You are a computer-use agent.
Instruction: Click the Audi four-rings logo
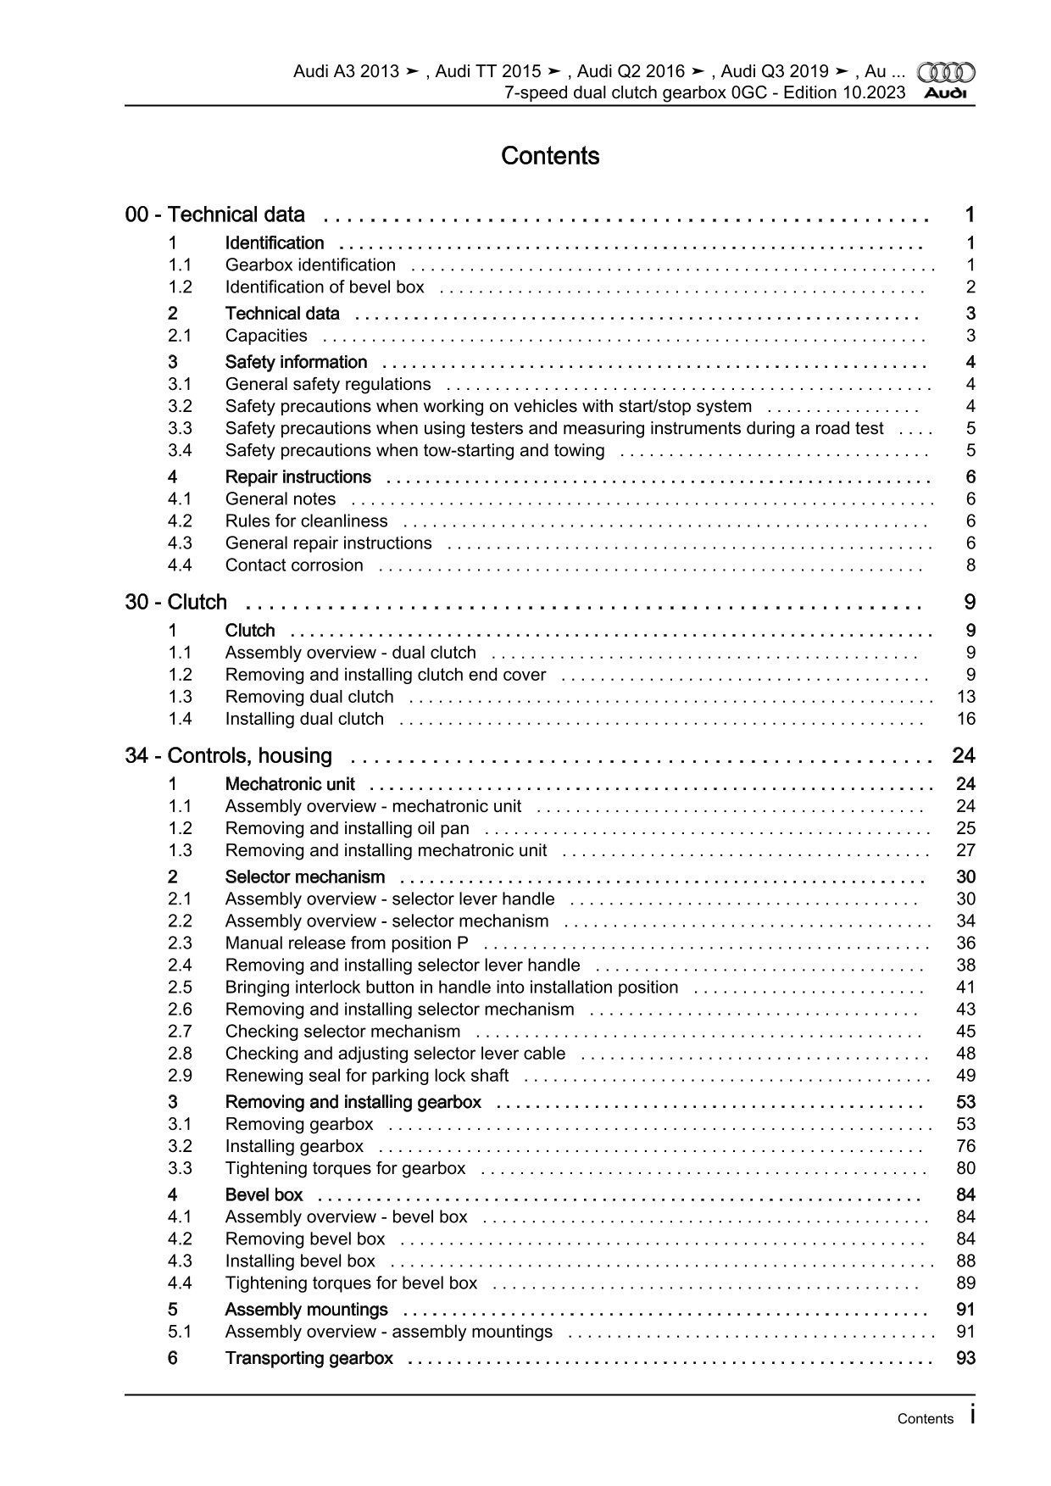pyautogui.click(x=947, y=72)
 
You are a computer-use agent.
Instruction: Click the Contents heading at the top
pyautogui.click(x=550, y=156)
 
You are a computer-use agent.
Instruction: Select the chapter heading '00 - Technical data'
pyautogui.click(x=215, y=214)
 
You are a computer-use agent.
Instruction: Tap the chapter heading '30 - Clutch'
pyautogui.click(x=176, y=602)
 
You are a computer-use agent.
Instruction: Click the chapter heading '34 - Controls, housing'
pyautogui.click(x=229, y=755)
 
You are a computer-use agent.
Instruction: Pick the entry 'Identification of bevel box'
pyautogui.click(x=325, y=287)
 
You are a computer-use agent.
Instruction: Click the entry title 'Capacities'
pyautogui.click(x=266, y=336)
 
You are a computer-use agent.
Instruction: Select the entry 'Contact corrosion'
pyautogui.click(x=294, y=565)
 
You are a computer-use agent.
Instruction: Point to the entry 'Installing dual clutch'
pyautogui.click(x=304, y=719)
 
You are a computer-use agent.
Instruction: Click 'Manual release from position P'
pyautogui.click(x=347, y=943)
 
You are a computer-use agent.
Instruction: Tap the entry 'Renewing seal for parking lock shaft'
pyautogui.click(x=367, y=1076)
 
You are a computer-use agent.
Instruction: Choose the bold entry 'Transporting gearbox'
pyautogui.click(x=309, y=1358)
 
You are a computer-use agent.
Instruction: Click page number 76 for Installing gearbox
pyautogui.click(x=965, y=1146)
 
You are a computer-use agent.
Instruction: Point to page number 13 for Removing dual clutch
pyautogui.click(x=965, y=697)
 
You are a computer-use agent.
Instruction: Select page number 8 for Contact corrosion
pyautogui.click(x=970, y=565)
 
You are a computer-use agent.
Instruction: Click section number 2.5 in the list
pyautogui.click(x=180, y=988)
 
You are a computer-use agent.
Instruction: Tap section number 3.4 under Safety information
pyautogui.click(x=180, y=450)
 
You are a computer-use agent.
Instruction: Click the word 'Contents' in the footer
pyautogui.click(x=926, y=1419)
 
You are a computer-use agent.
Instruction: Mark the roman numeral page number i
pyautogui.click(x=972, y=1416)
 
